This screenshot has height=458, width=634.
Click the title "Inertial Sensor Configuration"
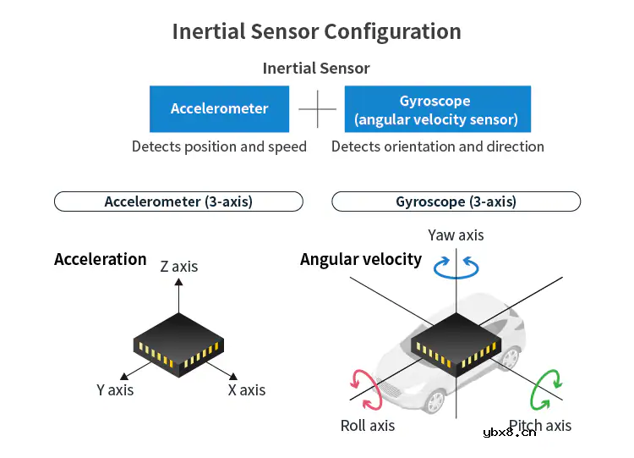316,32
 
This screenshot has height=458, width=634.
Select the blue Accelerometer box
220,108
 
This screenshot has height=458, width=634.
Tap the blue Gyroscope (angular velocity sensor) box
437,109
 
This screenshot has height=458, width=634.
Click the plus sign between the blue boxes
318,109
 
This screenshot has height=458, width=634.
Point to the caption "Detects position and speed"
219,146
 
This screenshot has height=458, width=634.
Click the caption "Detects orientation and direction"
437,146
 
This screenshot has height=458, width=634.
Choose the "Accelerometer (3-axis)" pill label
178,201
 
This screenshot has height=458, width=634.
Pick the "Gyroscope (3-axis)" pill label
456,201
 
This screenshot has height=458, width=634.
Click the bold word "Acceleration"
100,259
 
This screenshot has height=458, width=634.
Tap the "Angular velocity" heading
361,259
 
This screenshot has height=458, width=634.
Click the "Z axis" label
179,267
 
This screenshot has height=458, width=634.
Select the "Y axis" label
115,390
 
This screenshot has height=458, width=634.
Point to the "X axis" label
247,390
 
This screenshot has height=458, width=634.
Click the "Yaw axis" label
456,235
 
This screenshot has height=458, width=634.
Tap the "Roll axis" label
368,426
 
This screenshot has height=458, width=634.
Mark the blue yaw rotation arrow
456,268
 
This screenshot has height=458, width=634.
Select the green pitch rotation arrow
547,390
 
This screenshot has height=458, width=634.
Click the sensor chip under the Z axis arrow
178,343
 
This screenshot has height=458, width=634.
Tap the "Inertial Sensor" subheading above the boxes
316,69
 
